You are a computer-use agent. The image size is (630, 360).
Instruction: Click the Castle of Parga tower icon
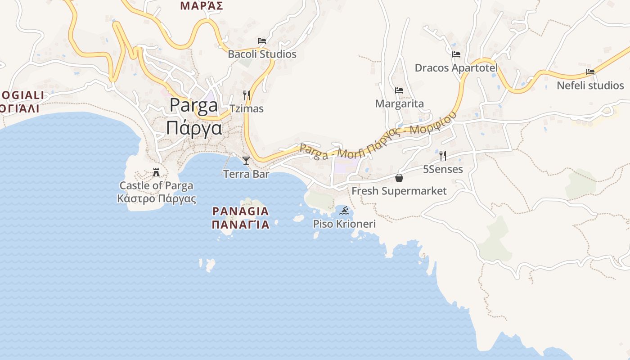(156, 172)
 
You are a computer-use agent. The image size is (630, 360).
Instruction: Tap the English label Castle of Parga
(156, 185)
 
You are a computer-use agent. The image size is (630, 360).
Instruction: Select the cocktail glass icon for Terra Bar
(246, 161)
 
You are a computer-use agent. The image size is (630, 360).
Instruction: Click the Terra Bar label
(246, 174)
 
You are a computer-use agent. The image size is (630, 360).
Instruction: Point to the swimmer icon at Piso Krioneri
(345, 211)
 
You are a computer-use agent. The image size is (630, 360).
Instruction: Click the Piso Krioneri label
(345, 224)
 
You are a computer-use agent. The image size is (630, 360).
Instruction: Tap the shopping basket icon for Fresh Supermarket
(399, 178)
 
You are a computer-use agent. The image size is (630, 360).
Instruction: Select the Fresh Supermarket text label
(399, 191)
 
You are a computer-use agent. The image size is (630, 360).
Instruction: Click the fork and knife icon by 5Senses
(443, 156)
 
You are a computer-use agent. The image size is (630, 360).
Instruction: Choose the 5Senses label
(443, 169)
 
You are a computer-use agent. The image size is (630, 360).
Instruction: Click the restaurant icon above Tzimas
(247, 95)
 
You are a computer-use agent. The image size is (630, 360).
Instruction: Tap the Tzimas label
(247, 108)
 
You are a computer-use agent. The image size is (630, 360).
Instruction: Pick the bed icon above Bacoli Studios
(262, 41)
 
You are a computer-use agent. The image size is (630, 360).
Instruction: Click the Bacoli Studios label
(262, 54)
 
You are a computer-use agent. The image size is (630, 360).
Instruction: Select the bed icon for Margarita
(399, 90)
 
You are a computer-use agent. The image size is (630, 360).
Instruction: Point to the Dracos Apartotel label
(456, 68)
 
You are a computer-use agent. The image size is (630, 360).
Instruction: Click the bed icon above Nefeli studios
(590, 72)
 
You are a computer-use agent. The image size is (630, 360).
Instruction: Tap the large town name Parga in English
(194, 106)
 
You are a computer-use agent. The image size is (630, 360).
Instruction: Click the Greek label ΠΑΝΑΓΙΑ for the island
(241, 225)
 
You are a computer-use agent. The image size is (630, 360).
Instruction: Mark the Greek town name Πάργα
(194, 128)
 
